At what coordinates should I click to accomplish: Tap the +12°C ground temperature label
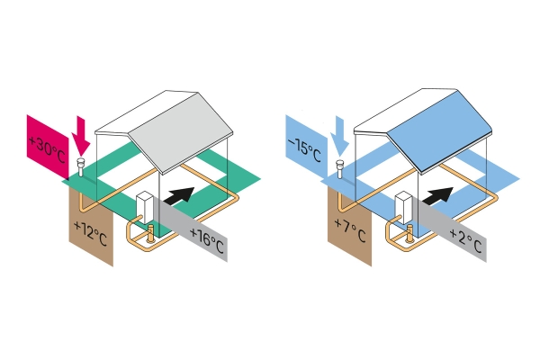(90, 234)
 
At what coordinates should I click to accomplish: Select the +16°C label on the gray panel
(207, 241)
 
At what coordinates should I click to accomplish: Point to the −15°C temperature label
(304, 148)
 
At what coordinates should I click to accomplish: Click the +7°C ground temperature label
(350, 229)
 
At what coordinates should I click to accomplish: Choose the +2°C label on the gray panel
(465, 240)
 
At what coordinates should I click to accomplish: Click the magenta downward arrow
(81, 136)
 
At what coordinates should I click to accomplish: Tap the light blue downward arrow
(339, 137)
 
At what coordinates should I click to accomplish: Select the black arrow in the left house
(179, 195)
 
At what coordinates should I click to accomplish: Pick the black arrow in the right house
(437, 195)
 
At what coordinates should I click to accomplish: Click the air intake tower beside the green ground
(81, 167)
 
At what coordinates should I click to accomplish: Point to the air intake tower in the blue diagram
(340, 169)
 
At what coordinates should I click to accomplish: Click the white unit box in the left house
(145, 207)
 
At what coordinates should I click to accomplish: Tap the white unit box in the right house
(403, 207)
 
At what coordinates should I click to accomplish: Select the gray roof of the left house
(181, 131)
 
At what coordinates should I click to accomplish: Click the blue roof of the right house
(440, 130)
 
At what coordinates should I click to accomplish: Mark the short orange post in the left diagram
(150, 233)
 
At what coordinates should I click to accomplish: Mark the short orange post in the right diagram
(409, 233)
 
